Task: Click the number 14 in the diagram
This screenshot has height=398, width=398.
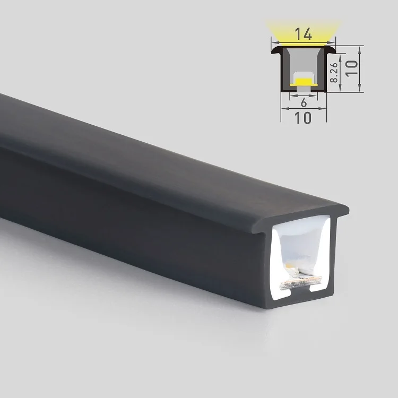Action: (303, 36)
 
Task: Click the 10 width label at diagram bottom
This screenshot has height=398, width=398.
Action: (303, 118)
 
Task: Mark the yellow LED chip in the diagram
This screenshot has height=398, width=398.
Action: (303, 81)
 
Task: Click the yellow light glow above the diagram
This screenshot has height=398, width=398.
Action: (303, 27)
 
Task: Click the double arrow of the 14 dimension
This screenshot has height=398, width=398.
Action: (303, 43)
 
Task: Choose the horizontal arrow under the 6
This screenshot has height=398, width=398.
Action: (303, 97)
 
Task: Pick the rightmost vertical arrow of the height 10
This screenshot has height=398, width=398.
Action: (360, 69)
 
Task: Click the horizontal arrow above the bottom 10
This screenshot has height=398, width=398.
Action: (303, 109)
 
